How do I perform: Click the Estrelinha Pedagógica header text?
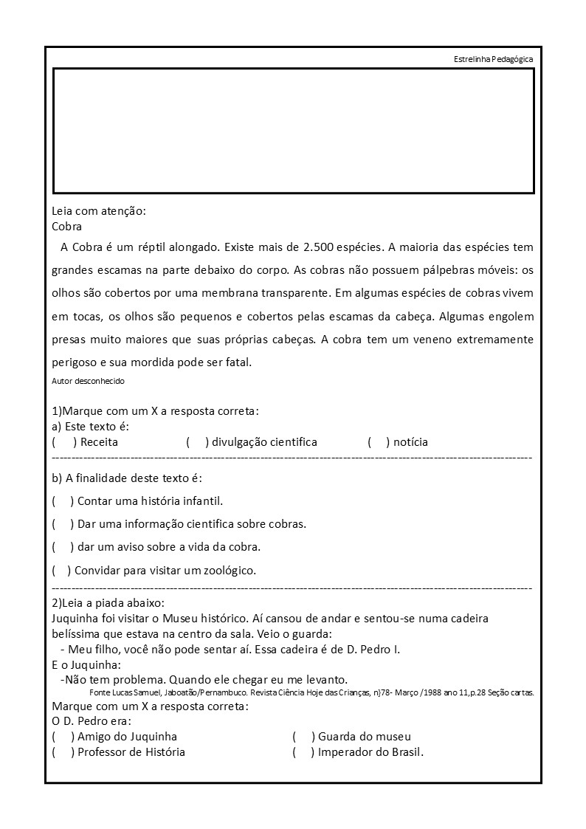click(493, 59)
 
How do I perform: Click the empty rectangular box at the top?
click(293, 131)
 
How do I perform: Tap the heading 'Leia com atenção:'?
click(99, 211)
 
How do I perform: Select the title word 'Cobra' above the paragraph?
click(67, 227)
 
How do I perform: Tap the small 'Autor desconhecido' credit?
click(89, 382)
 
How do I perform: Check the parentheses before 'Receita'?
click(64, 442)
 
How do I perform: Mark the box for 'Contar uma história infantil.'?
click(63, 501)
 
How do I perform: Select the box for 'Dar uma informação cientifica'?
click(63, 524)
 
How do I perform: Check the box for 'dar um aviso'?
click(63, 547)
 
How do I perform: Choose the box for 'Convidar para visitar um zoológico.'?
click(61, 571)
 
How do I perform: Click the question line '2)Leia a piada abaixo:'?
click(108, 603)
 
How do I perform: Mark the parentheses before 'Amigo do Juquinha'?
click(63, 737)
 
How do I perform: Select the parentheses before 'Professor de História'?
click(63, 752)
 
